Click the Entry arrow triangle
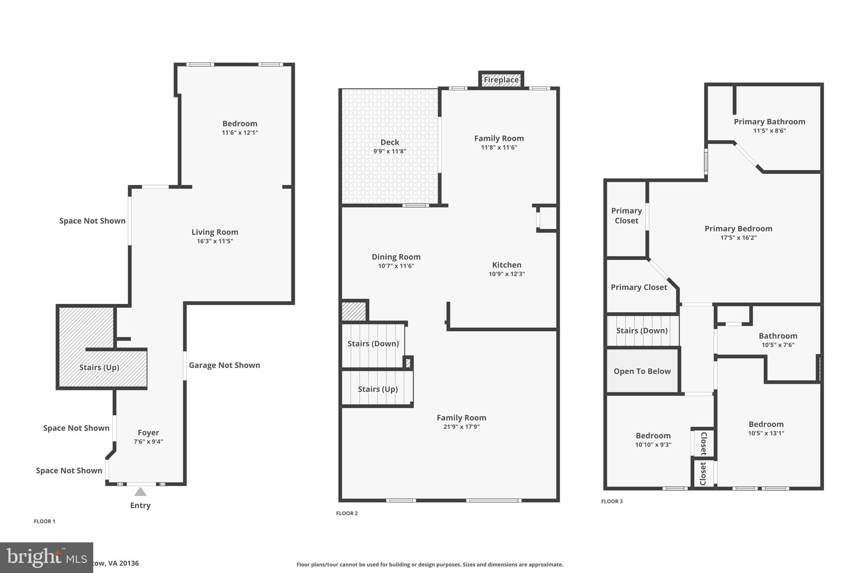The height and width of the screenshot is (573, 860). pos(140,492)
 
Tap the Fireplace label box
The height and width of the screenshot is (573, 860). pos(501,80)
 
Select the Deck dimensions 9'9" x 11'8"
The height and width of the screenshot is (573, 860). pos(390,152)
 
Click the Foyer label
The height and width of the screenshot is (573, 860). pos(148,433)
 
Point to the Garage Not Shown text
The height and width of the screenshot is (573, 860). pos(224,365)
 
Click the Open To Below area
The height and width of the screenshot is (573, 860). pos(642,371)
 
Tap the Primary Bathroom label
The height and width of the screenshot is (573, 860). pos(769,122)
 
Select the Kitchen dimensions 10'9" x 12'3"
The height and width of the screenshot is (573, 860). pos(506,274)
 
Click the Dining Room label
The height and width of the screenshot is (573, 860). pos(396,257)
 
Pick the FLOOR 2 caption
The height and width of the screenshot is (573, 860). pos(347,513)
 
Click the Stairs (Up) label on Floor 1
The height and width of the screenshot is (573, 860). pos(99,368)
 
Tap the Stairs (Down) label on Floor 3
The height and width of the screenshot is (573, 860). pos(642,331)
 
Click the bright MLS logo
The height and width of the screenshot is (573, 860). pos(46,557)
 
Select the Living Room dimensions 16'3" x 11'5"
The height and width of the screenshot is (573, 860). pos(215,241)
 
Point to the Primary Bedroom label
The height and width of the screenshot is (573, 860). pos(738,229)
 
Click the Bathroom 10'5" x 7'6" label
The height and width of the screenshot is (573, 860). pos(778,336)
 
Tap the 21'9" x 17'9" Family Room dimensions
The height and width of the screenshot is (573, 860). pos(461,427)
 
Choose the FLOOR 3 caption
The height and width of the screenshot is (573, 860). pos(612,501)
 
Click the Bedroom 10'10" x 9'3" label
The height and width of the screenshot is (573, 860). pos(653,436)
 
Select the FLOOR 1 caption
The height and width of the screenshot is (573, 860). pos(45,521)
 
